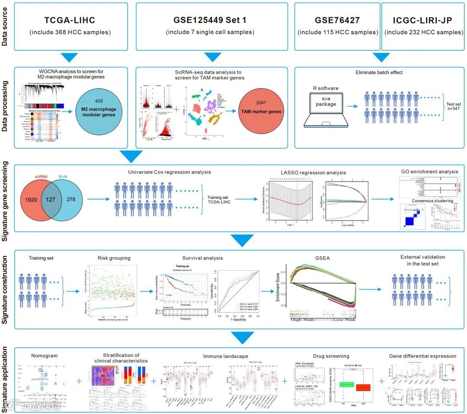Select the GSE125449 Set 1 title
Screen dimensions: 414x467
(212, 20)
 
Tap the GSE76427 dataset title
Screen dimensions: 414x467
(337, 20)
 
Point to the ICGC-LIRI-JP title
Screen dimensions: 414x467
(423, 20)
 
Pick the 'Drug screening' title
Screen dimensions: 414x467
(331, 356)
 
